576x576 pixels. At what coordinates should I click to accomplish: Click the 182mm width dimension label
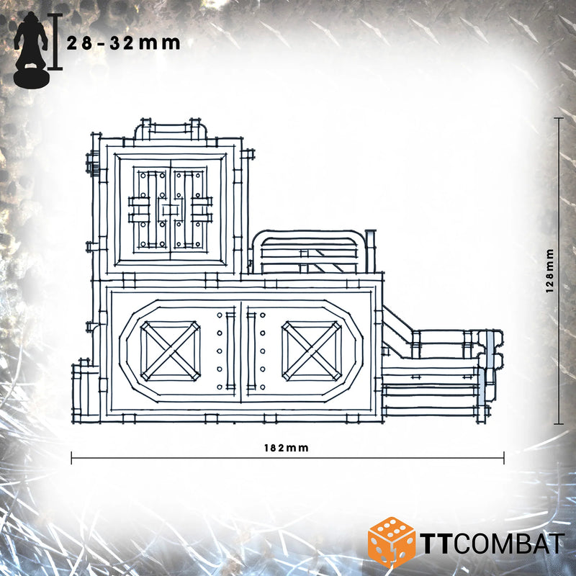(287, 448)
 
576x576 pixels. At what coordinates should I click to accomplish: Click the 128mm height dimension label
(549, 271)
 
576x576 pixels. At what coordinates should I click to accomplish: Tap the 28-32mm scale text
(123, 43)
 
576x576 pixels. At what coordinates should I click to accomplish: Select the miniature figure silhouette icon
(32, 50)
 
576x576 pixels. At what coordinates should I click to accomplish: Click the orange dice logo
(392, 543)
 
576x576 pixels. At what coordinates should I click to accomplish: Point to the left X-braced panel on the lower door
(170, 351)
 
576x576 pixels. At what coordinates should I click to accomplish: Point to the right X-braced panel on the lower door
(312, 351)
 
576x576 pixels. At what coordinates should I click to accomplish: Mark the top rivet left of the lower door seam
(220, 315)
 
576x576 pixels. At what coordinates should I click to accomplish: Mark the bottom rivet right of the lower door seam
(263, 387)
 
